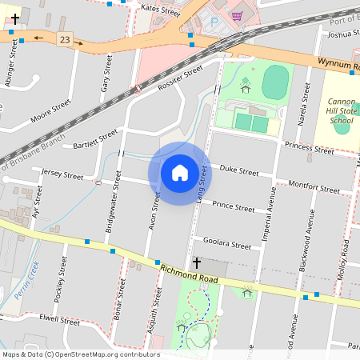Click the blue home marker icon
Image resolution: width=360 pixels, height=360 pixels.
(179, 172)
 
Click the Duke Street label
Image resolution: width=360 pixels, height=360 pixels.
(239, 171)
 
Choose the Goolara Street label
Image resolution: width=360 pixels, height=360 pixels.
(226, 243)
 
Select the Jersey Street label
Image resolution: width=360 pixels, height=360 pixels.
(62, 174)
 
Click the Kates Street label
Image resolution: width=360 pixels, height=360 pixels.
(158, 8)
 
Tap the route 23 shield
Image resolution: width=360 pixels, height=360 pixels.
(65, 38)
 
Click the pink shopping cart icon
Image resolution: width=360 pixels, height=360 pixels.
(236, 15)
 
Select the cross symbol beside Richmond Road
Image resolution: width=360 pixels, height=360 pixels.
(197, 262)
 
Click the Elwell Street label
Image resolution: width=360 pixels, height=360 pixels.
(59, 321)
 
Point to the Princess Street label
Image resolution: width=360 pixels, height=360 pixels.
(309, 149)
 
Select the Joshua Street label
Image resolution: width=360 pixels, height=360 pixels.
(339, 34)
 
